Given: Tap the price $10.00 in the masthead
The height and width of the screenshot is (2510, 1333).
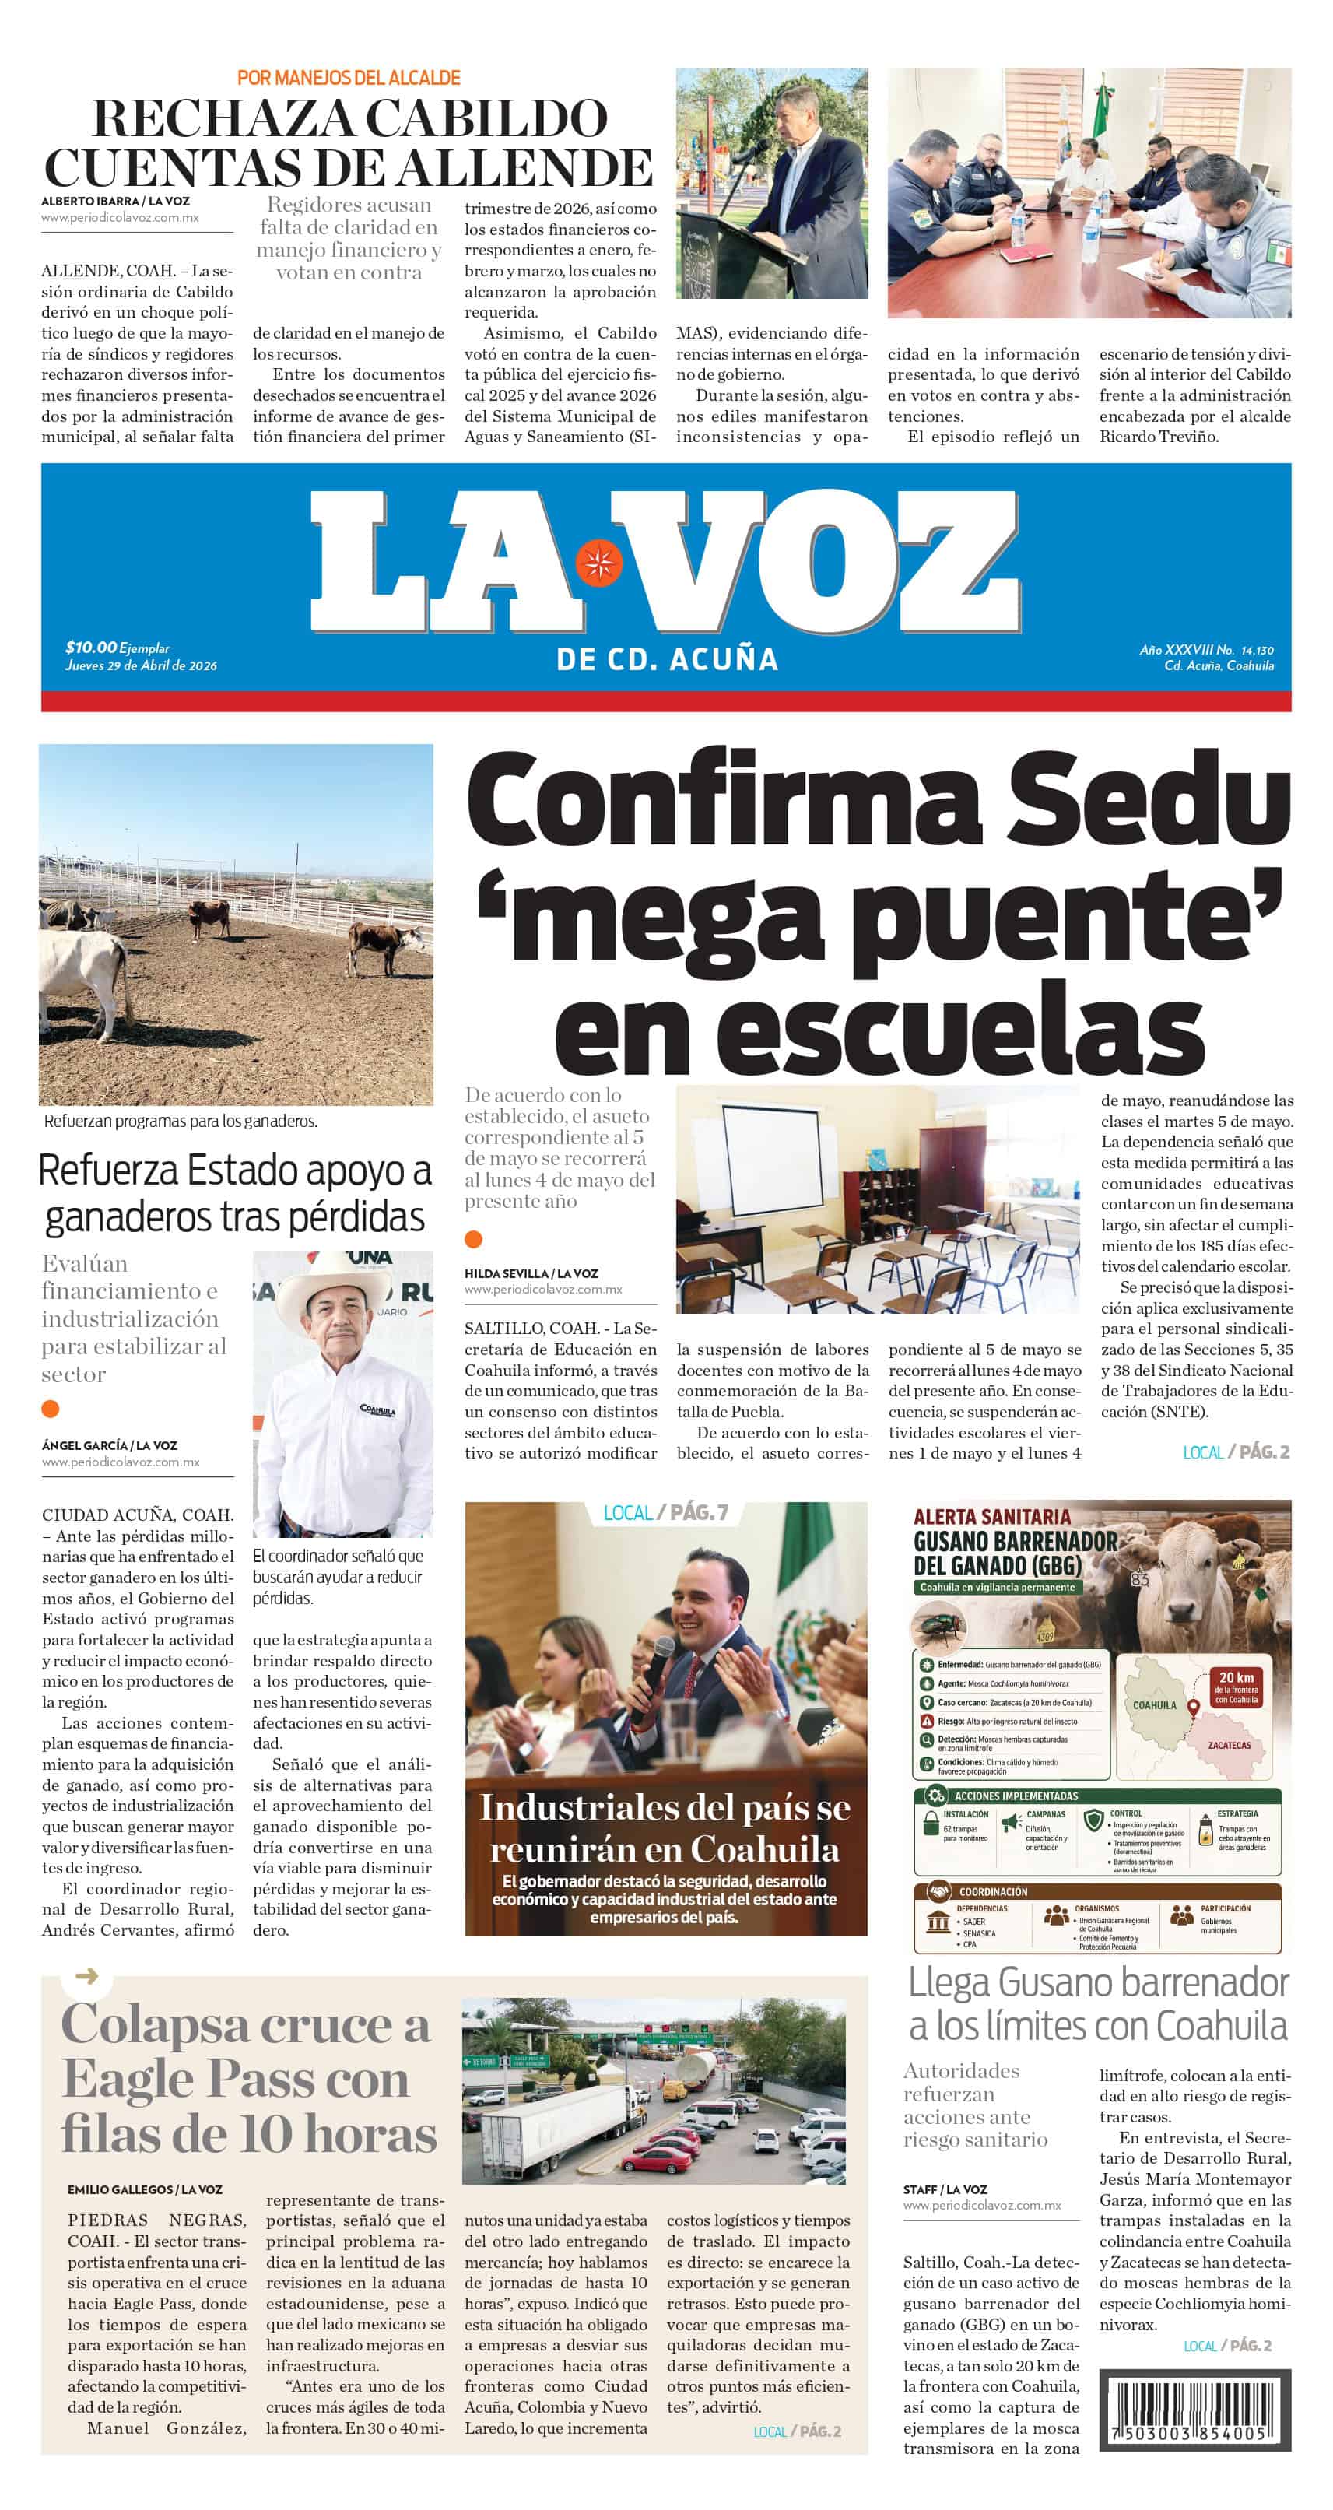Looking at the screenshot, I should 90,647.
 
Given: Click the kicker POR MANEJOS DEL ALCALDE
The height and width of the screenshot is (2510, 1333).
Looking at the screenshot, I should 349,78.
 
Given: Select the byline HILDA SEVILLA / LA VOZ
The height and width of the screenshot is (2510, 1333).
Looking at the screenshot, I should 531,1273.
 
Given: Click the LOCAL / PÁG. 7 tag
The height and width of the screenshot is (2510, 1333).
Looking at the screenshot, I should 665,1512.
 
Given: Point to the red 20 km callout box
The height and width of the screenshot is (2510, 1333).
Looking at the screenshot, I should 1236,1687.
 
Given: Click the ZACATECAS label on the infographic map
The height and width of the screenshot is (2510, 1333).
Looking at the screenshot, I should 1229,1744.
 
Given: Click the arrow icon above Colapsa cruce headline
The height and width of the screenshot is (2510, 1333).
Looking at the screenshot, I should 86,1976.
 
